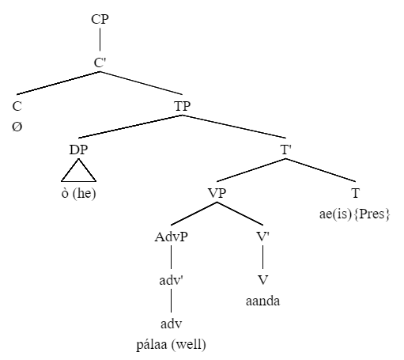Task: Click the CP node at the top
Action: click(100, 19)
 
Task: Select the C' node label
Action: click(100, 63)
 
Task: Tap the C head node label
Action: click(17, 106)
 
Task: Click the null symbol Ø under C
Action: click(17, 127)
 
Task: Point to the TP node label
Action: click(182, 106)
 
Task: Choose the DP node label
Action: click(78, 150)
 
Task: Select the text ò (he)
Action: click(78, 193)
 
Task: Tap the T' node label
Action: click(286, 150)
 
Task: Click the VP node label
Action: click(217, 193)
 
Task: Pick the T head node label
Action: click(356, 193)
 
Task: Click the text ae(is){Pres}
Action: click(354, 214)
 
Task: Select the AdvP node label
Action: click(172, 237)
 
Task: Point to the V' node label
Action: click(263, 237)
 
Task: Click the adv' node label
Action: click(172, 280)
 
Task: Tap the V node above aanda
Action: click(262, 280)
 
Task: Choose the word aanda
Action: click(262, 301)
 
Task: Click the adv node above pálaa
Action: click(172, 324)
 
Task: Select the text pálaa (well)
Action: click(172, 344)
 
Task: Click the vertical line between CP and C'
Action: click(100, 40)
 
